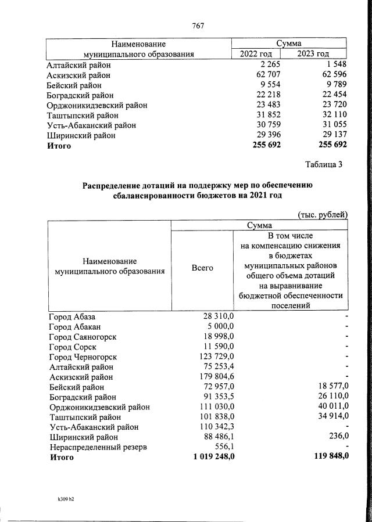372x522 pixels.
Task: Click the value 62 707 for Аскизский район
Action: [267, 75]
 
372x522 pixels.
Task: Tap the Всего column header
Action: [202, 268]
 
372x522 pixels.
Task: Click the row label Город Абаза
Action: [71, 316]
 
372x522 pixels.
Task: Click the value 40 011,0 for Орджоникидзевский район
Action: [331, 407]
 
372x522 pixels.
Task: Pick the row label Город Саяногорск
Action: [83, 337]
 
